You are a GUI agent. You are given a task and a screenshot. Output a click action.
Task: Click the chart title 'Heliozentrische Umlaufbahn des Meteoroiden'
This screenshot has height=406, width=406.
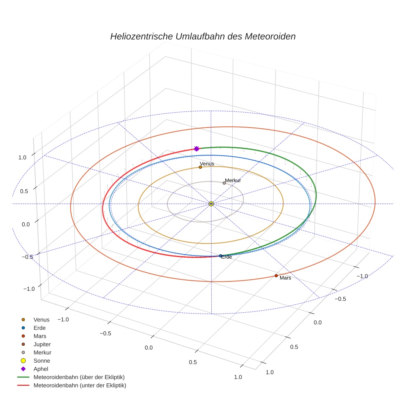pyautogui.click(x=203, y=36)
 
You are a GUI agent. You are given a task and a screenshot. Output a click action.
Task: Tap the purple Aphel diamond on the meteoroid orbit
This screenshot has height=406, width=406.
pyautogui.click(x=196, y=149)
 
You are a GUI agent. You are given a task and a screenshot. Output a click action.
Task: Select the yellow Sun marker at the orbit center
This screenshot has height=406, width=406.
pyautogui.click(x=211, y=204)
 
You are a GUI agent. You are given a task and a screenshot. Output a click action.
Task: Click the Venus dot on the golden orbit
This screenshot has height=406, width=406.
pyautogui.click(x=200, y=167)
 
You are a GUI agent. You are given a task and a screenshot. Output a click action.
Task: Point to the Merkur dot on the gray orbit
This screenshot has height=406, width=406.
pyautogui.click(x=224, y=183)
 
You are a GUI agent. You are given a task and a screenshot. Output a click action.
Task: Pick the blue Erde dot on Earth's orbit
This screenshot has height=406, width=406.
pyautogui.click(x=221, y=256)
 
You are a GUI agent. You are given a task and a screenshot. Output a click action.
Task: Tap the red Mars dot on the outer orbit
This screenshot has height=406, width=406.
pyautogui.click(x=276, y=276)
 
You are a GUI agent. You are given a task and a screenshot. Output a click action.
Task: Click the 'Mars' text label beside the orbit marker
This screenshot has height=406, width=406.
pyautogui.click(x=286, y=278)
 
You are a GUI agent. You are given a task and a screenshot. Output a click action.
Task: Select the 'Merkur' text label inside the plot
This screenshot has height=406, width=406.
pyautogui.click(x=233, y=180)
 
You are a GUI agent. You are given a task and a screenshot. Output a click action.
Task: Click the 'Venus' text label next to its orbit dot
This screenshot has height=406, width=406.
pyautogui.click(x=207, y=164)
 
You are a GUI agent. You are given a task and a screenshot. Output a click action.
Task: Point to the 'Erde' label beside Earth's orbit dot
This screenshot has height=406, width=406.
pyautogui.click(x=227, y=257)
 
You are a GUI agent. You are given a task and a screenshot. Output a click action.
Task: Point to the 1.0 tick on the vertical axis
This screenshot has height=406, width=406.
pyautogui.click(x=22, y=158)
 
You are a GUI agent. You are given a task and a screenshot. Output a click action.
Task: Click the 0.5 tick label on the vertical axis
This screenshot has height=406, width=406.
pyautogui.click(x=24, y=191)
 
